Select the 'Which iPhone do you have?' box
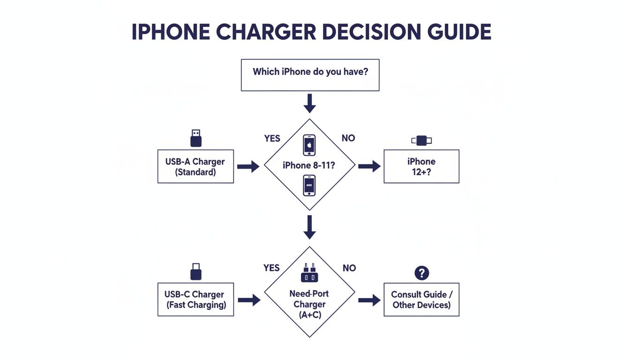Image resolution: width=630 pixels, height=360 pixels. click(x=310, y=75)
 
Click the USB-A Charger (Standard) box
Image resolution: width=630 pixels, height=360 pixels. click(x=195, y=166)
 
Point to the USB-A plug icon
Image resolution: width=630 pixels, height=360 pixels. click(x=196, y=138)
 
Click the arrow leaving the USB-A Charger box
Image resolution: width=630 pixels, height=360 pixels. click(x=248, y=166)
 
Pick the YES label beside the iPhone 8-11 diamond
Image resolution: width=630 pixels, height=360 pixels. click(x=272, y=138)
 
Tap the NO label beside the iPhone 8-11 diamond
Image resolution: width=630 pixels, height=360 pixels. click(x=348, y=138)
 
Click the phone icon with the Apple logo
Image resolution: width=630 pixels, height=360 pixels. click(x=309, y=145)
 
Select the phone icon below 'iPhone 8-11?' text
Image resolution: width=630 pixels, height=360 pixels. click(x=309, y=186)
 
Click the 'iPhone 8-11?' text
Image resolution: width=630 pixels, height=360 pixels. click(x=309, y=165)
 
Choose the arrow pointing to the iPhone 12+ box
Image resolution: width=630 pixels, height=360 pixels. click(x=369, y=166)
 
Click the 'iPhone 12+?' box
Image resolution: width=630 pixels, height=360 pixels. click(x=421, y=166)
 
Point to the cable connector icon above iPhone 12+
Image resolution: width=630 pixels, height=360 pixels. click(x=421, y=140)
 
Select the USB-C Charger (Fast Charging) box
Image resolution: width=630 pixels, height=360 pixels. click(x=195, y=300)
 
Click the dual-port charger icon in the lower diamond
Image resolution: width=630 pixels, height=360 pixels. click(x=309, y=273)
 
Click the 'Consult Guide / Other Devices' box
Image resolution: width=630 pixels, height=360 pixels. click(x=421, y=300)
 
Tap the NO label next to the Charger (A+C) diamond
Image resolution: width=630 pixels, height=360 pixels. click(x=349, y=268)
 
